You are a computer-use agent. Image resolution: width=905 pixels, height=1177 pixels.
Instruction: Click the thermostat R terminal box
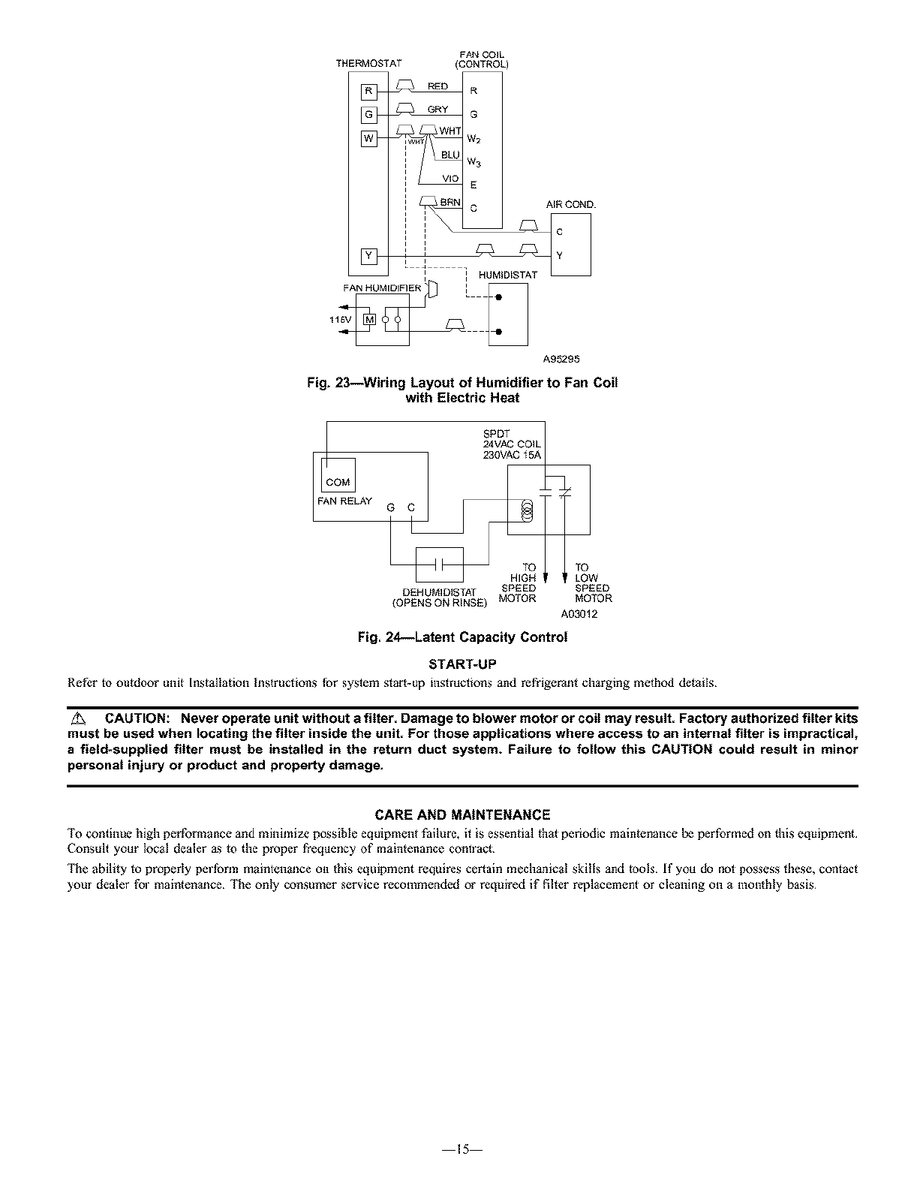pyautogui.click(x=368, y=92)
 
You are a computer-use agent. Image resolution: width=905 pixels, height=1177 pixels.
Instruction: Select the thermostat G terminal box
pyautogui.click(x=368, y=115)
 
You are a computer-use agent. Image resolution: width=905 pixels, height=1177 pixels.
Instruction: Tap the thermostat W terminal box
pyautogui.click(x=368, y=139)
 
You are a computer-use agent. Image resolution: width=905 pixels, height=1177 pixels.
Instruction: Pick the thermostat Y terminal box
pyautogui.click(x=368, y=256)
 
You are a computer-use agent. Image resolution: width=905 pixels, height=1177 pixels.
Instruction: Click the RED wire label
pyautogui.click(x=437, y=86)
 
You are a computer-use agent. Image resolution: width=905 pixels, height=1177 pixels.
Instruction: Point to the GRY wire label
pyautogui.click(x=437, y=110)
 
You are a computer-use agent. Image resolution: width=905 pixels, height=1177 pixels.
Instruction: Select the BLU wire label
pyautogui.click(x=450, y=155)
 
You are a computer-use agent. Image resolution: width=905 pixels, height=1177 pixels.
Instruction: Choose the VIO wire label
pyautogui.click(x=450, y=178)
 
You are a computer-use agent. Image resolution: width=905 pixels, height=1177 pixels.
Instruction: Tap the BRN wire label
pyautogui.click(x=450, y=202)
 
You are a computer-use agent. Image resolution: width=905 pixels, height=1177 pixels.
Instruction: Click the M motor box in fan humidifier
pyautogui.click(x=368, y=320)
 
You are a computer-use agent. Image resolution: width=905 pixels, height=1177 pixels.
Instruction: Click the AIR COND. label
pyautogui.click(x=570, y=204)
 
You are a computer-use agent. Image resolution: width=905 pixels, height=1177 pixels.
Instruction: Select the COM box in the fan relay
pyautogui.click(x=338, y=482)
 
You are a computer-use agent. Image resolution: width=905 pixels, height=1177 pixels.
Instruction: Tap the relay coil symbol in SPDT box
pyautogui.click(x=527, y=512)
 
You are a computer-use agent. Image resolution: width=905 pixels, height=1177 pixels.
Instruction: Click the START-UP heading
pyautogui.click(x=462, y=664)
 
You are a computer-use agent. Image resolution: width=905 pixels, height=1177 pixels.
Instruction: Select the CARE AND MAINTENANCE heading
pyautogui.click(x=462, y=814)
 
